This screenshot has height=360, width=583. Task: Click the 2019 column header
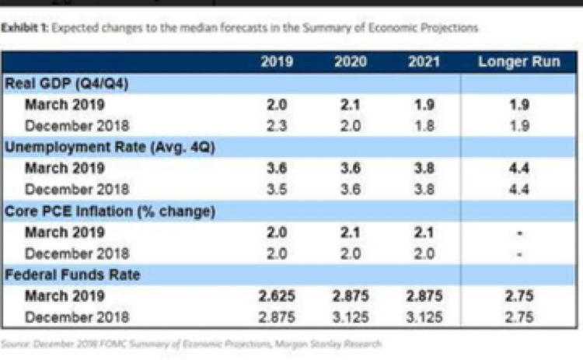[278, 62]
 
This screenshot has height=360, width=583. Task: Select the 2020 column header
[351, 62]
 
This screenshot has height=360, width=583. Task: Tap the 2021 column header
[424, 62]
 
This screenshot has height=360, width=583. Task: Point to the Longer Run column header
[518, 62]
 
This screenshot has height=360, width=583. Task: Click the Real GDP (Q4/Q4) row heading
[66, 83]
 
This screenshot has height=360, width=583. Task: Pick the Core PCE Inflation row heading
[110, 210]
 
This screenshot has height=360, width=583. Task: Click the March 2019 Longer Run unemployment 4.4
[518, 167]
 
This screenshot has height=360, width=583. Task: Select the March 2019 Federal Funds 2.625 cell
[278, 295]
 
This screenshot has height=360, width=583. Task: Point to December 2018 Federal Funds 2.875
[278, 316]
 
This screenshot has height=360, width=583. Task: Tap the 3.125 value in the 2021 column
[424, 316]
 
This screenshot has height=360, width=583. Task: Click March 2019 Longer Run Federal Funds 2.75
[518, 295]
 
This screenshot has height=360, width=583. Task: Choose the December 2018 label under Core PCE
[77, 253]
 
